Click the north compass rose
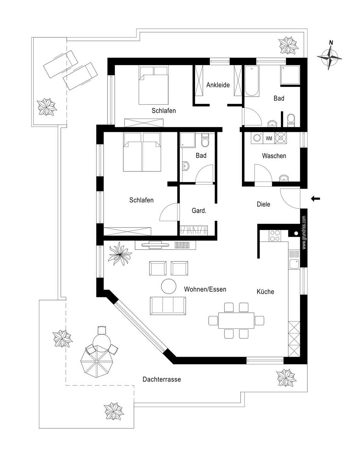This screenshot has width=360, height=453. tap(329, 57)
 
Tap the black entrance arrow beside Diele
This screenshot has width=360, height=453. tap(315, 199)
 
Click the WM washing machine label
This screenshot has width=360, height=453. tap(269, 138)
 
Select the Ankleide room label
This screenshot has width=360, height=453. tap(218, 85)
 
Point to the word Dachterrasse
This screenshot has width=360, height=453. tap(161, 379)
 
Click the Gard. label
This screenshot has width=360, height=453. tap(199, 211)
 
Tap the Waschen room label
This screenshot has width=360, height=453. tap(274, 156)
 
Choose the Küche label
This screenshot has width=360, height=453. tap(265, 292)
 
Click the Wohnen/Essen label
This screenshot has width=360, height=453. tap(205, 289)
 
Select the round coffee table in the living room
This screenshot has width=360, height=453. tap(169, 286)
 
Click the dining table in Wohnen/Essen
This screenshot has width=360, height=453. tap(236, 321)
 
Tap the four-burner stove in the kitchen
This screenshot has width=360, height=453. tap(275, 236)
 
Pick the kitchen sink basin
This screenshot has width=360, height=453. tap(294, 264)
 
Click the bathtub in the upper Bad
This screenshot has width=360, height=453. tap(252, 81)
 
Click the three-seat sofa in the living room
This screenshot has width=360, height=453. tap(168, 305)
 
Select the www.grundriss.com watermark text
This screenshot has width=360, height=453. tap(304, 232)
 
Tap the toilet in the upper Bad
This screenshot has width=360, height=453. tap(291, 120)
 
